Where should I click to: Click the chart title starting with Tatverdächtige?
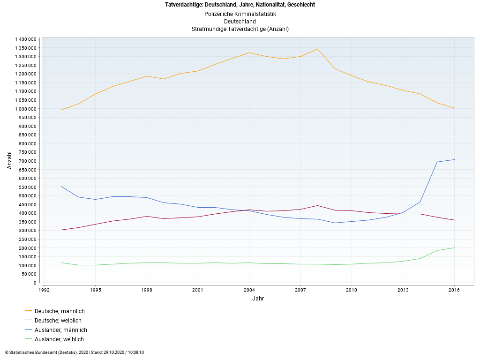(x=240, y=5)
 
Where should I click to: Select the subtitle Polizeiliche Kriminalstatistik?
(x=240, y=14)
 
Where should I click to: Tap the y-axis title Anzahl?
(x=9, y=160)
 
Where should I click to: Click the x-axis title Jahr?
(x=258, y=298)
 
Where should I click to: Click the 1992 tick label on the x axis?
(x=44, y=290)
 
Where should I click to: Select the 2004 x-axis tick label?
(x=249, y=290)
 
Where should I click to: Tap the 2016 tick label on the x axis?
(x=454, y=290)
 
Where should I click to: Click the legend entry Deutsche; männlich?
(x=60, y=311)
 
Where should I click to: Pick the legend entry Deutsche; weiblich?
(x=58, y=321)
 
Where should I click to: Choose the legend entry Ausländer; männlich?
(x=60, y=330)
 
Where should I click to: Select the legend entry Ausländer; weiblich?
(x=59, y=339)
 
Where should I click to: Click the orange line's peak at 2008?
(x=318, y=49)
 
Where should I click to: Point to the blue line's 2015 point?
(x=437, y=162)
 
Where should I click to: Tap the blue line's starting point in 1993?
(x=61, y=186)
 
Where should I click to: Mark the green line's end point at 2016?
(x=454, y=247)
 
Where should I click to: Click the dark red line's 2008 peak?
(x=318, y=205)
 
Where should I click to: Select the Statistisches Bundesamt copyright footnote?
(x=75, y=352)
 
